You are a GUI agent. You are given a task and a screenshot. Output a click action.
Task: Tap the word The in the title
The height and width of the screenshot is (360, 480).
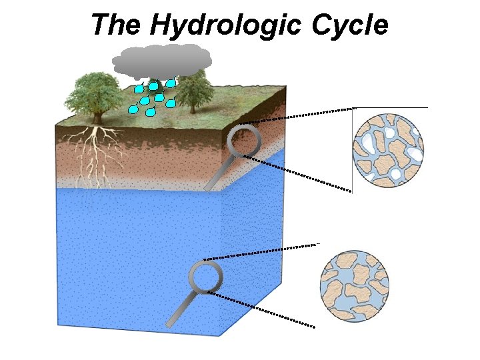[116, 25]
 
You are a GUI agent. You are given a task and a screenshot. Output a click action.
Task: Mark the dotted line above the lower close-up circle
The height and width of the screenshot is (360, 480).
[260, 252]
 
